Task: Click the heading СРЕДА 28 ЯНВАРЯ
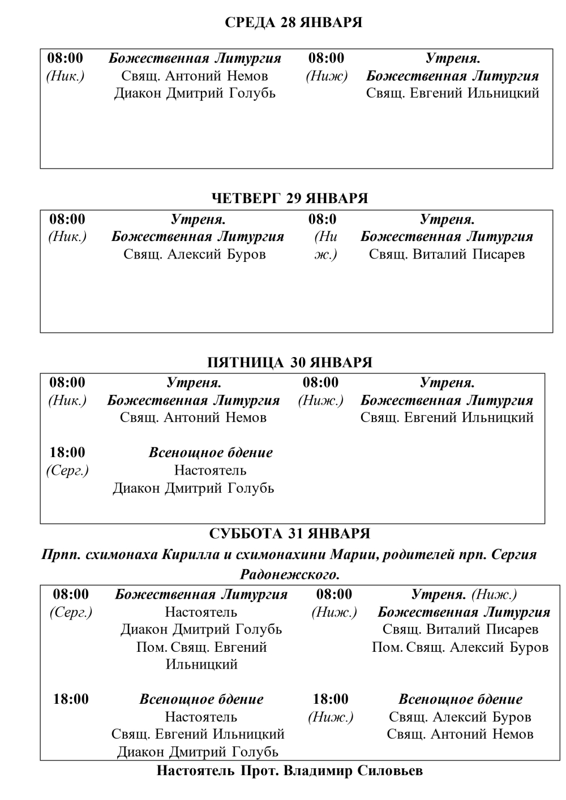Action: [x=293, y=23]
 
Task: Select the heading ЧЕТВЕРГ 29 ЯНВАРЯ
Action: [x=289, y=198]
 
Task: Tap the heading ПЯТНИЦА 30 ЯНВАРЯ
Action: [x=289, y=362]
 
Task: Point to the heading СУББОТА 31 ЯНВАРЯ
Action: [x=289, y=534]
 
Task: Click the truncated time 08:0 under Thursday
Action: [x=322, y=219]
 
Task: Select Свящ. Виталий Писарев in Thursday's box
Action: [x=447, y=254]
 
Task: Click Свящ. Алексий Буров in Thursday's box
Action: [x=195, y=254]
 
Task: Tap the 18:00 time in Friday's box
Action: [x=67, y=453]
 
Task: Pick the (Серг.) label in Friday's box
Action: [x=67, y=470]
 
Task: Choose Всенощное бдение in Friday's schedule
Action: [x=211, y=453]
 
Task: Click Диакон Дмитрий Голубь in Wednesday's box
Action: [x=195, y=93]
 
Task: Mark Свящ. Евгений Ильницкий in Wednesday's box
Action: [x=452, y=93]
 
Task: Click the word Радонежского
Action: [x=290, y=575]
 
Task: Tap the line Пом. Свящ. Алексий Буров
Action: [x=460, y=647]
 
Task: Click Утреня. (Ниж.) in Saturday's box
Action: [x=464, y=594]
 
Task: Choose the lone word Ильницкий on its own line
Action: [x=201, y=664]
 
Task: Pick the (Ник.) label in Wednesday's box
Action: [x=65, y=76]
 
